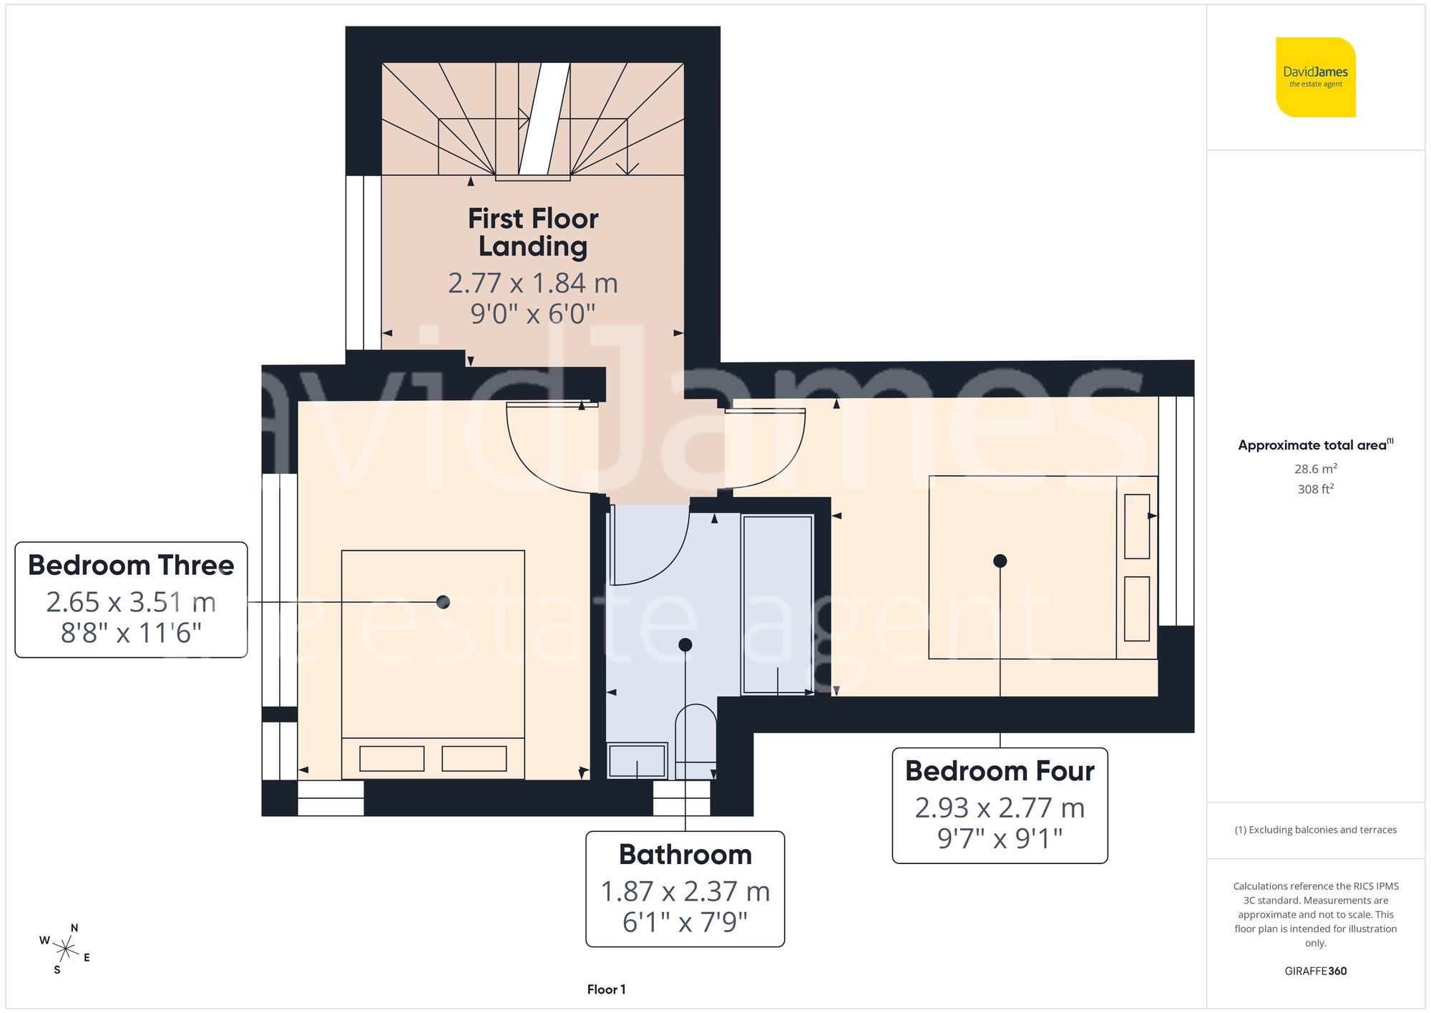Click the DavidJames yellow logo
1315,77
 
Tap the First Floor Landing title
533,232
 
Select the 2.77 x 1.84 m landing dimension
533,283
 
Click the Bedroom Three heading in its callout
131,565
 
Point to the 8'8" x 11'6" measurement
131,633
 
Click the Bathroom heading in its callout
685,854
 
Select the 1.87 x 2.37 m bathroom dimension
685,891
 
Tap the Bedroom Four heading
1000,771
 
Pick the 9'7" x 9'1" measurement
1000,838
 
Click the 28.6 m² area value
1315,469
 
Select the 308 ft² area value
1315,489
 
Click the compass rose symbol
65,949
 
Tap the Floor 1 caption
606,989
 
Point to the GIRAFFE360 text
1315,971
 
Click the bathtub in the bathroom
777,605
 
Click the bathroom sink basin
637,760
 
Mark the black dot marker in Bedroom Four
1000,561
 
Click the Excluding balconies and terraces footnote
1315,830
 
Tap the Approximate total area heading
1315,445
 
